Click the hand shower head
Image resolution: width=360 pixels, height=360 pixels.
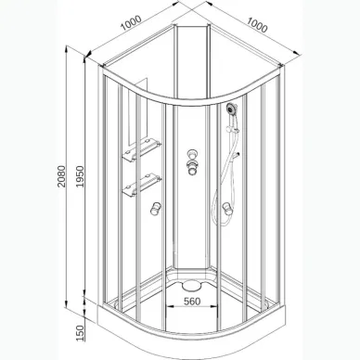(x=228, y=110)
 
